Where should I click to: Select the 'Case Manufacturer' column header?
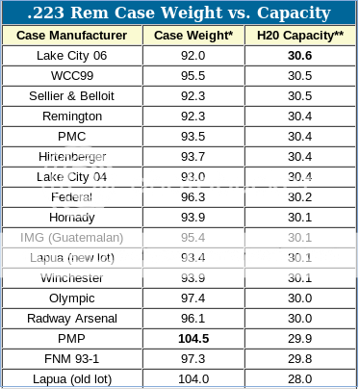click(73, 36)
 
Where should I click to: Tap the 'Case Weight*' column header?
click(193, 36)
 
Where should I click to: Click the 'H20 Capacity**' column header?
click(298, 36)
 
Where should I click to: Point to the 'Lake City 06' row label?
click(72, 57)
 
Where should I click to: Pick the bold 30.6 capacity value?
click(298, 57)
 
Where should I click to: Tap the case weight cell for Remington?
click(193, 117)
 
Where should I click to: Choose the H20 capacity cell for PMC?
click(298, 137)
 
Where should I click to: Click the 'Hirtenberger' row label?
click(72, 157)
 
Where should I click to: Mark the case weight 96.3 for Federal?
click(193, 197)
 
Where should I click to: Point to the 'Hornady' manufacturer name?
click(72, 218)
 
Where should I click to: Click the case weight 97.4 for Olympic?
click(193, 298)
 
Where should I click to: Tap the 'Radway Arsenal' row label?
click(72, 318)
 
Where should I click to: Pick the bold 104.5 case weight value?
click(193, 338)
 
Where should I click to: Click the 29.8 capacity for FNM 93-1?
click(298, 358)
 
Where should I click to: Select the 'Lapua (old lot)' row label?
click(72, 377)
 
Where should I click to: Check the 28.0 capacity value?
click(298, 377)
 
